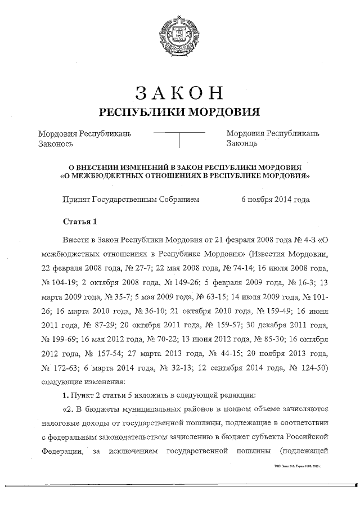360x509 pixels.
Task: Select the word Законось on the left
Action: coord(56,144)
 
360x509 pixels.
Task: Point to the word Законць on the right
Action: coord(242,144)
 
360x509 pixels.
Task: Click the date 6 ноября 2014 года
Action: coord(275,199)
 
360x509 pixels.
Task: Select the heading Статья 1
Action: coord(82,220)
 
